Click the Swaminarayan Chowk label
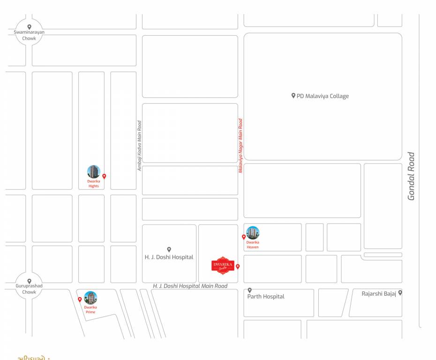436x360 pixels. tap(29, 35)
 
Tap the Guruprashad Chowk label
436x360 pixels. tap(29, 289)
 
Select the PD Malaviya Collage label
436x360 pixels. tap(323, 96)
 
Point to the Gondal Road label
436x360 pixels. tap(411, 176)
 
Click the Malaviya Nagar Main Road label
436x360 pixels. tap(241, 146)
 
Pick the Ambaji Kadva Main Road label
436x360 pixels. tap(139, 146)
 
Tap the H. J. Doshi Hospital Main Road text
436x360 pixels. tap(190, 286)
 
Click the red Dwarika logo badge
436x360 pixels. tap(223, 265)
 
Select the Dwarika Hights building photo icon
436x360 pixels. tap(94, 172)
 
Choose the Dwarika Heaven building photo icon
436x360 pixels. tap(253, 233)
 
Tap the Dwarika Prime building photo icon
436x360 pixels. tap(90, 298)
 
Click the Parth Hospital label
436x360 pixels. tap(266, 296)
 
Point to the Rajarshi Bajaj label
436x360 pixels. tap(379, 293)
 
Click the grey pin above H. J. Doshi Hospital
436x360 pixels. tap(169, 249)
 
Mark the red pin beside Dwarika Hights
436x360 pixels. tap(104, 176)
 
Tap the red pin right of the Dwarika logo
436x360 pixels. tap(238, 266)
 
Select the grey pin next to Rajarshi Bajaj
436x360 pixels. tap(400, 292)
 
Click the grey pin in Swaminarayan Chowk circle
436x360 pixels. tap(29, 27)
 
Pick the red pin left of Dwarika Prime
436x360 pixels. tap(80, 299)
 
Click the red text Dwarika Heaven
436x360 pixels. tap(253, 245)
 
